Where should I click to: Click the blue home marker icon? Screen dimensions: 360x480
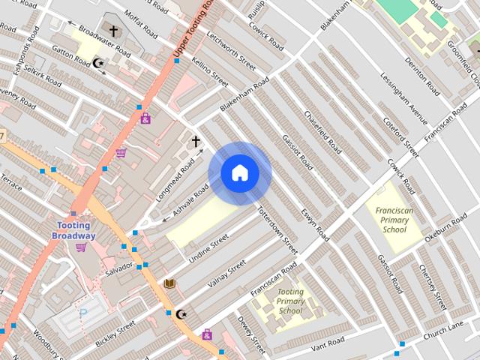240,173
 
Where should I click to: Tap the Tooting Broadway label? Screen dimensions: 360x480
73,231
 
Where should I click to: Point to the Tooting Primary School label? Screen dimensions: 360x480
290,301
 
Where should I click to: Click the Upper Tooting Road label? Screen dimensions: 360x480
190,29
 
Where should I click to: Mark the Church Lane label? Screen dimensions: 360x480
444,331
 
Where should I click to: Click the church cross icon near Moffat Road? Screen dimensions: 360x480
113,31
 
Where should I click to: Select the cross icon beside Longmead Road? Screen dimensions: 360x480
196,141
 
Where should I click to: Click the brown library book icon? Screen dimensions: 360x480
169,283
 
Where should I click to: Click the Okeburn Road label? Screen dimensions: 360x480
445,229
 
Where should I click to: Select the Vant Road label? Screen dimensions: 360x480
327,343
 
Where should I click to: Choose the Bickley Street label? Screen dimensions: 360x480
115,332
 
